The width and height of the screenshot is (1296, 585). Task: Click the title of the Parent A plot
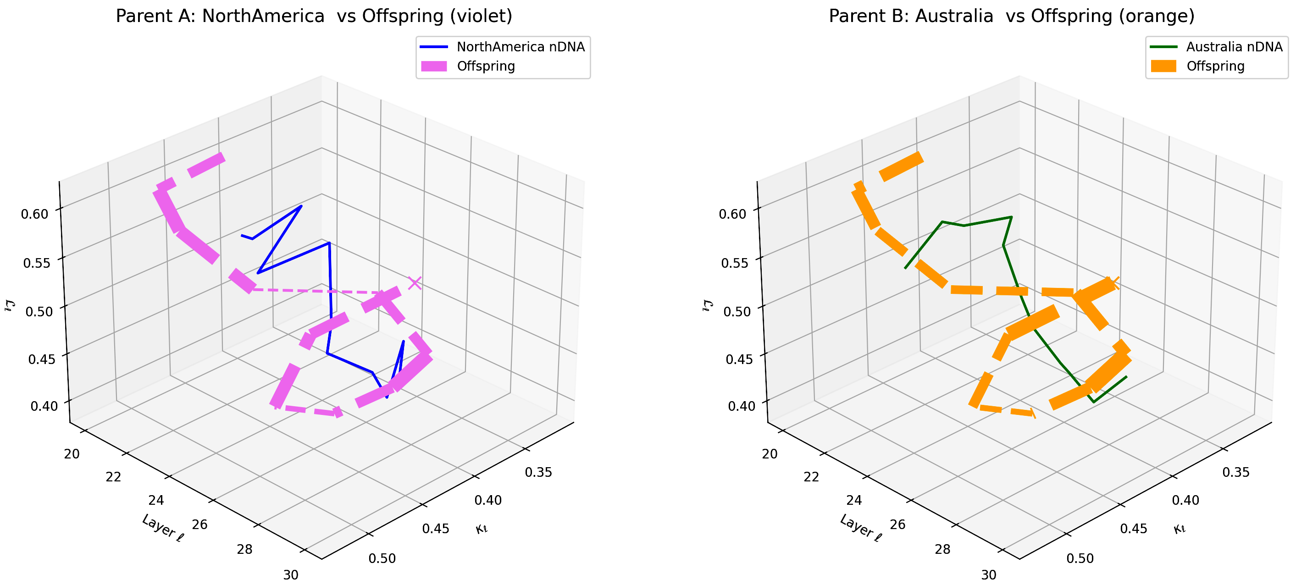click(314, 16)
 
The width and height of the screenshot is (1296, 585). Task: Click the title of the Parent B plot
click(1011, 16)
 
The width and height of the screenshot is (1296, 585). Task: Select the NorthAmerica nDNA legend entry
click(520, 47)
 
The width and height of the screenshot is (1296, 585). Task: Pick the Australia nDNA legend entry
click(1234, 47)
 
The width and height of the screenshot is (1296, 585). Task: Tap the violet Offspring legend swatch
click(434, 66)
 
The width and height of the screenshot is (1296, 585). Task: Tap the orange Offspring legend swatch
click(1163, 66)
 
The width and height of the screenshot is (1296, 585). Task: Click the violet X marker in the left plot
click(415, 283)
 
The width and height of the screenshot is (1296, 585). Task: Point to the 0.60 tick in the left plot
click(35, 214)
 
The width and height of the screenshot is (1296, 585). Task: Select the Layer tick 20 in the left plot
click(72, 454)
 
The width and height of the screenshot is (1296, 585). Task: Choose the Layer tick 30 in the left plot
click(291, 575)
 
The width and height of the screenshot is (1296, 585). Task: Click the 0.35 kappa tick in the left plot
click(538, 472)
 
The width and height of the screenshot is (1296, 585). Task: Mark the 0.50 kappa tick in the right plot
click(1080, 559)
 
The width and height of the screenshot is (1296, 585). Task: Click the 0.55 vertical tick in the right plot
click(735, 263)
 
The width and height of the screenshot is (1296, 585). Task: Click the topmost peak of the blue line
click(301, 206)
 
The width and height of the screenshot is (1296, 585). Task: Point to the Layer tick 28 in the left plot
click(244, 549)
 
